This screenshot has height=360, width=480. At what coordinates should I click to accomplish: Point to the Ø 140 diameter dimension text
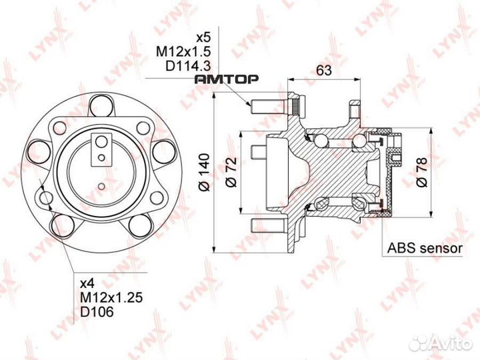click(205, 175)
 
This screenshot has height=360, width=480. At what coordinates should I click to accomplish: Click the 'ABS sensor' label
click(425, 249)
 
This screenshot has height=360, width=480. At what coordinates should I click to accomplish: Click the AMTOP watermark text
click(226, 80)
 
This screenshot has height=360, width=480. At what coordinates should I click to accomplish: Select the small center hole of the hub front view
click(101, 185)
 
